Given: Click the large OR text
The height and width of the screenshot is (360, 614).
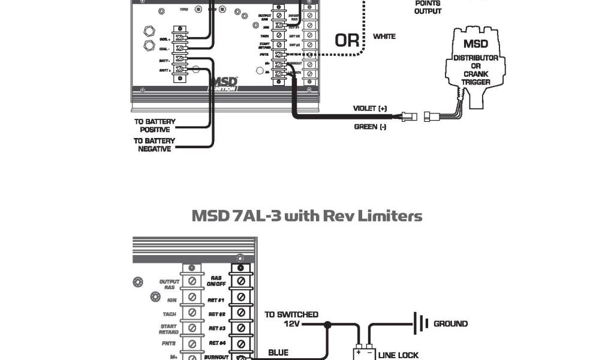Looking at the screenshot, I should pos(347,41).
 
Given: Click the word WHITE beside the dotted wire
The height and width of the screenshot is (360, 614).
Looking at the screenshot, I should pos(384,37).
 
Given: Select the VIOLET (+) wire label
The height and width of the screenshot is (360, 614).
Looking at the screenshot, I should pos(370,108).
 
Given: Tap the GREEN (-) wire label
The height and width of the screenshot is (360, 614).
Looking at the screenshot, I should pos(370,127).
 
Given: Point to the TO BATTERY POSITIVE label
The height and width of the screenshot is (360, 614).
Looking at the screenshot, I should pos(155,125).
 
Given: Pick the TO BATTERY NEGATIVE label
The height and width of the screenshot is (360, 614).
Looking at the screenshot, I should pos(155,145).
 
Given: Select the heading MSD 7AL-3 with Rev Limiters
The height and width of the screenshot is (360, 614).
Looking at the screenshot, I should pos(306,215).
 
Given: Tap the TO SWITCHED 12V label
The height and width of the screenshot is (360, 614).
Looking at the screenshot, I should pos(291,319).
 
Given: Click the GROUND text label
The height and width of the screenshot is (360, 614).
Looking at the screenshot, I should pos(450,323).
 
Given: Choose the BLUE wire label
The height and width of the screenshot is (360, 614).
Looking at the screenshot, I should pos(278,353).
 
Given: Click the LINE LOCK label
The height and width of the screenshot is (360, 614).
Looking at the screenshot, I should pos(399,355).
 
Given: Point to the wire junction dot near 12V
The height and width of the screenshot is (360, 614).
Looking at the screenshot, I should pos(327,325).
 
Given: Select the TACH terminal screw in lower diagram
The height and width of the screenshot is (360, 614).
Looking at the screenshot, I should pos(192,313).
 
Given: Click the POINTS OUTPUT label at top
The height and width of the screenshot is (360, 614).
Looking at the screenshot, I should pos(428,7).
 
